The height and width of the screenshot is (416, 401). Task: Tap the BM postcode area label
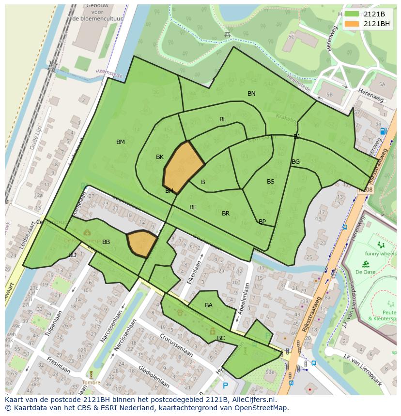[121, 142]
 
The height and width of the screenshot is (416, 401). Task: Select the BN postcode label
[251, 94]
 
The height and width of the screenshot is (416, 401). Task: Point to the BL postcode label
[223, 119]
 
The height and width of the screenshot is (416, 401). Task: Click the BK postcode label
[160, 157]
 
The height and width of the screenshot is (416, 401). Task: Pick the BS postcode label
[271, 182]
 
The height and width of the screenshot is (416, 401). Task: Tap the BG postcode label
[295, 162]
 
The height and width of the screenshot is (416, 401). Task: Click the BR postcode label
[226, 214]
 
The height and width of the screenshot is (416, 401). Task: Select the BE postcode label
[193, 207]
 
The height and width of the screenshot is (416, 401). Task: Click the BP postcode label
[262, 222]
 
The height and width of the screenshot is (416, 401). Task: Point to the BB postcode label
[106, 242]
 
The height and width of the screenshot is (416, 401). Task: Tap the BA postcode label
[209, 305]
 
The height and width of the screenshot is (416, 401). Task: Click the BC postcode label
[221, 338]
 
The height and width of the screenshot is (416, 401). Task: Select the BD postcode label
[72, 255]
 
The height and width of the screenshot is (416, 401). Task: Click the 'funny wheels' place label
[380, 253]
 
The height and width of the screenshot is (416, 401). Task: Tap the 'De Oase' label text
[366, 272]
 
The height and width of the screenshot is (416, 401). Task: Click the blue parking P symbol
[225, 386]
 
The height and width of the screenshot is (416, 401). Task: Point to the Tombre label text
[91, 382]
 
